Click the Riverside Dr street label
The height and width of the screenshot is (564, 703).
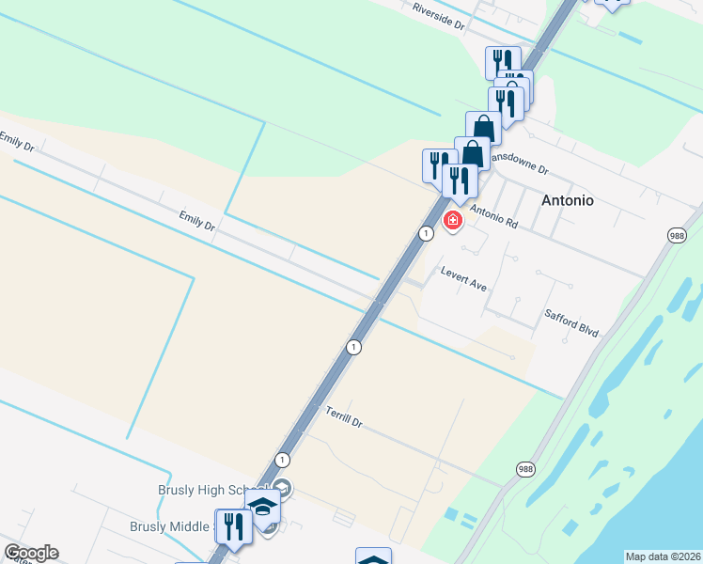pyautogui.click(x=439, y=16)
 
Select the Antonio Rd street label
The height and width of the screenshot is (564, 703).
pyautogui.click(x=494, y=218)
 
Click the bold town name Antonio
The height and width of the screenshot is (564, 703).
pyautogui.click(x=568, y=200)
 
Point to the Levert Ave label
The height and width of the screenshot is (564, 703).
pyautogui.click(x=463, y=277)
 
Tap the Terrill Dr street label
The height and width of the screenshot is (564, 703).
pyautogui.click(x=344, y=417)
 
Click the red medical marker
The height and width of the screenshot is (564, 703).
pyautogui.click(x=453, y=221)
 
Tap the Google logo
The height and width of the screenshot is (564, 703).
pyautogui.click(x=31, y=553)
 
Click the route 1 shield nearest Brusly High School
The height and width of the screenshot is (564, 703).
pyautogui.click(x=282, y=459)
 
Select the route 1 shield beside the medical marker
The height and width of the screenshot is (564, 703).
pyautogui.click(x=427, y=233)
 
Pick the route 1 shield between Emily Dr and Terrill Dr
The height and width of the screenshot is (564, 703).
pyautogui.click(x=352, y=347)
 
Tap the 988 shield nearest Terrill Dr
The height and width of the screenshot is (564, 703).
pyautogui.click(x=524, y=467)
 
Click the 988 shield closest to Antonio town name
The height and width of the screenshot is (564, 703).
pyautogui.click(x=679, y=237)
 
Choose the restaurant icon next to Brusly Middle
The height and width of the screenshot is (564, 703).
pyautogui.click(x=233, y=526)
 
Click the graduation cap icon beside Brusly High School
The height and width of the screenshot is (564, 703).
pyautogui.click(x=263, y=506)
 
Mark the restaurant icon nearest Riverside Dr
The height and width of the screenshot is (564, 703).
pyautogui.click(x=503, y=62)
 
